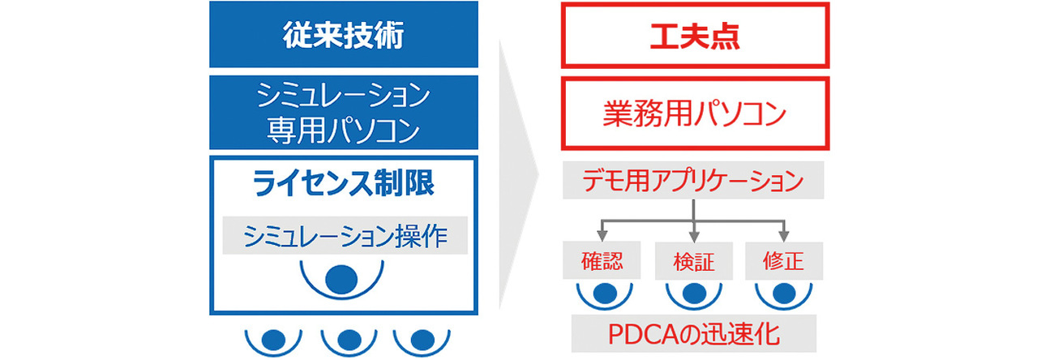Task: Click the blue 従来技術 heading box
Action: pyautogui.click(x=344, y=35)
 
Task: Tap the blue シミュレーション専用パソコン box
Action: pyautogui.click(x=344, y=113)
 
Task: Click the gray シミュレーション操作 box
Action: pyautogui.click(x=344, y=235)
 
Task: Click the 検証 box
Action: pyautogui.click(x=693, y=262)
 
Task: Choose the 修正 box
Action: pyautogui.click(x=784, y=262)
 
